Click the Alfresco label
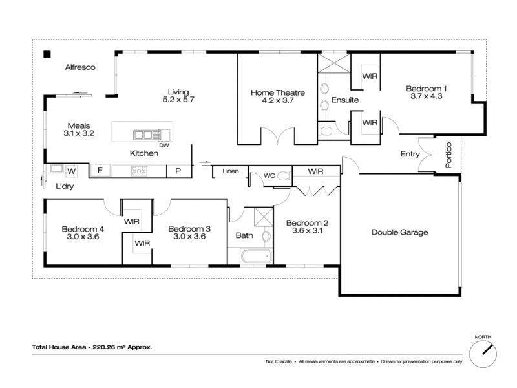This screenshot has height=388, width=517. point(80,67)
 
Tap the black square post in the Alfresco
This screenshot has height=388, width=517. point(47,54)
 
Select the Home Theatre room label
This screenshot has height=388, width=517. point(278,92)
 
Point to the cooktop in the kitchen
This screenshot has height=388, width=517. point(139,171)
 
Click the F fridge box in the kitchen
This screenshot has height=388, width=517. point(100,171)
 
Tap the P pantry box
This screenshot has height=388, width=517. point(178,171)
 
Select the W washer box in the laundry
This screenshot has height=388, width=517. point(72,171)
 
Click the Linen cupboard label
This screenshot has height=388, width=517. point(231,171)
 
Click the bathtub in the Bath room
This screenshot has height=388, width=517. point(256,256)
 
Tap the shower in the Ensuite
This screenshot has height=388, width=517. point(334,63)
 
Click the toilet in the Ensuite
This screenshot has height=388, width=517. point(325,131)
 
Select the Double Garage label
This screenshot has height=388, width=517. point(399,232)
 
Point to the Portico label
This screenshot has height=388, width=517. point(448,155)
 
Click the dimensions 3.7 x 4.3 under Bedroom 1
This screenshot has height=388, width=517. point(427,96)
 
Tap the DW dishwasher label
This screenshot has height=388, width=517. point(164,145)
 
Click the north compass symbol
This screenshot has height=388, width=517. point(483,354)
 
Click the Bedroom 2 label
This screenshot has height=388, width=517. point(307,223)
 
